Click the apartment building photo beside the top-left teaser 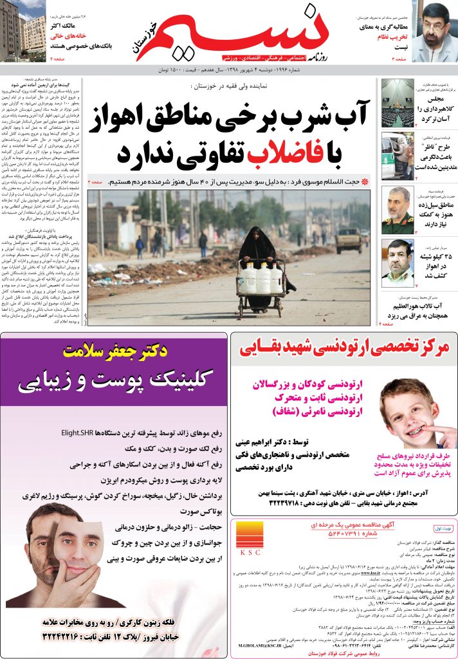pyautogui.click(x=23, y=32)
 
